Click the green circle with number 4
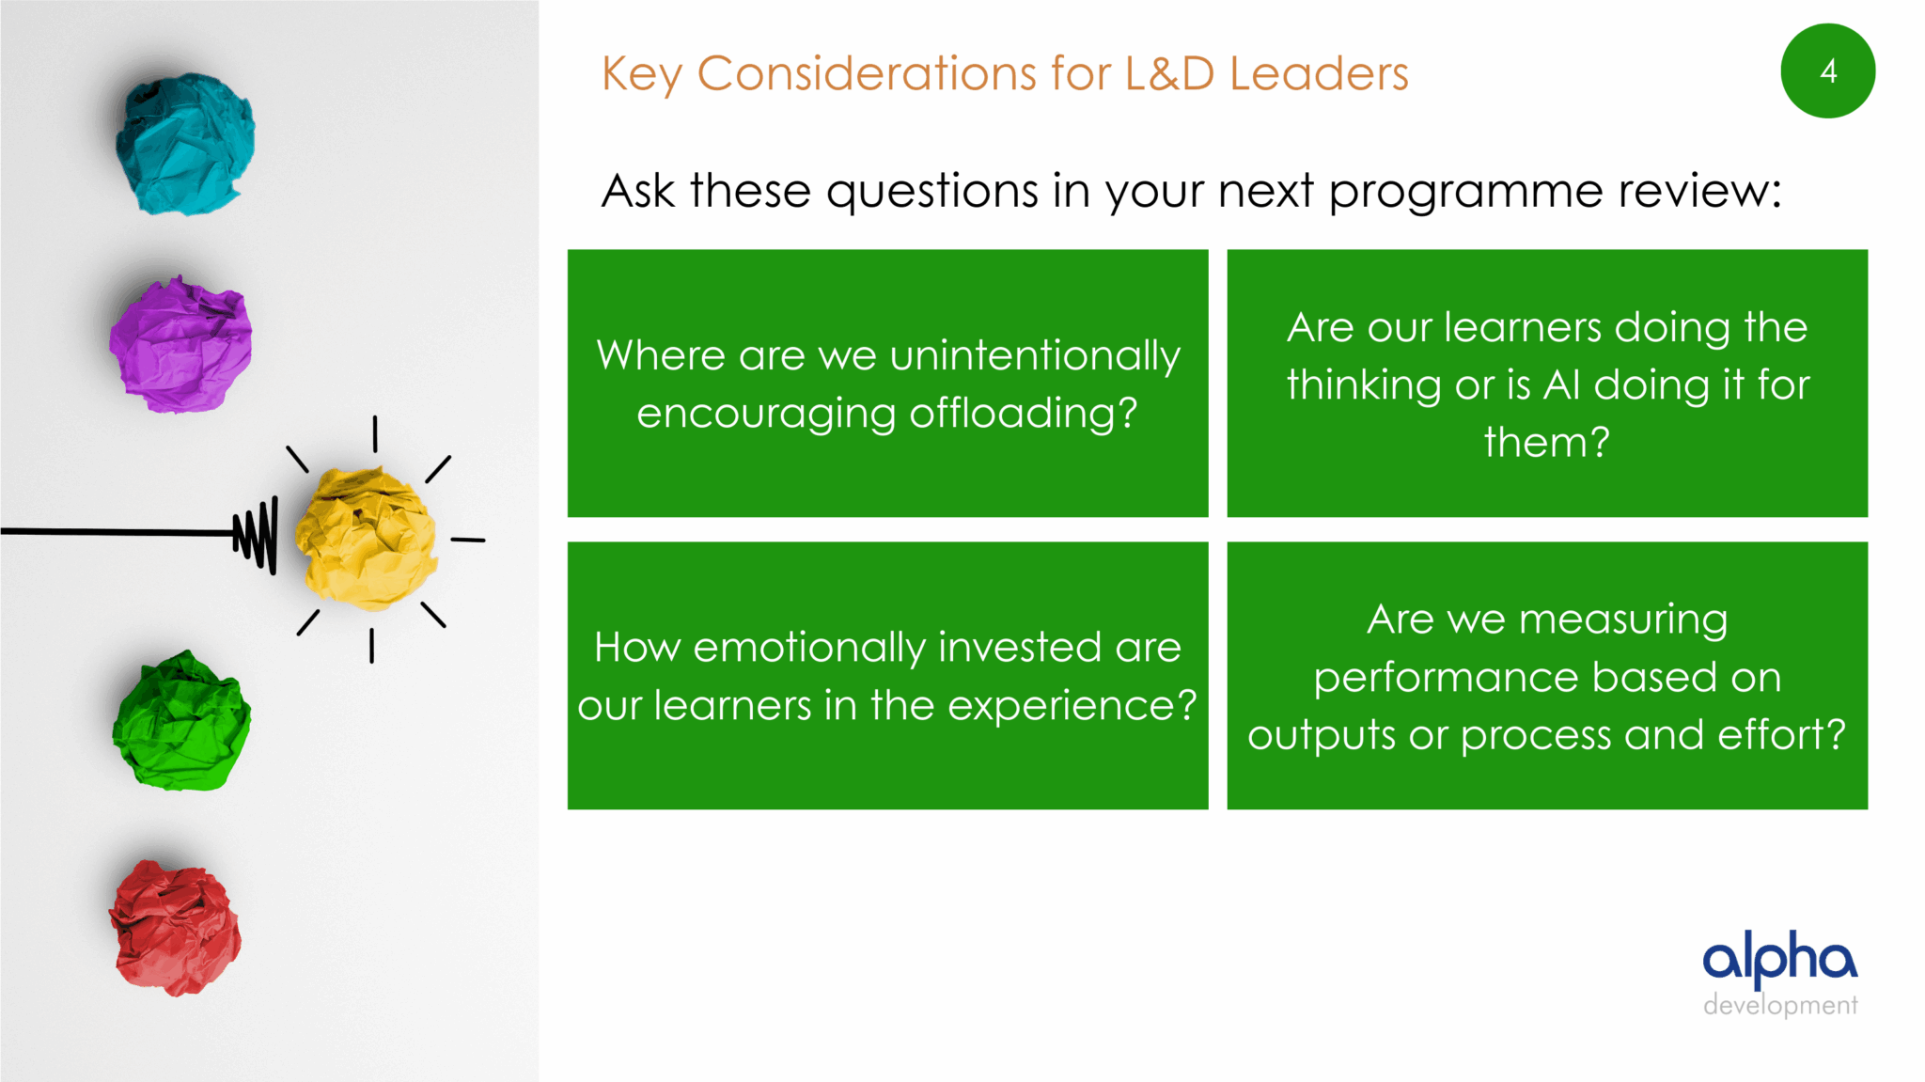1827,71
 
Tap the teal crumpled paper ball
185,144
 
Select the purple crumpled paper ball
180,344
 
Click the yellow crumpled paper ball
366,538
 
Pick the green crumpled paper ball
181,721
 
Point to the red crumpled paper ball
175,928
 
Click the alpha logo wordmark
1780,959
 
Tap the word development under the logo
1780,1005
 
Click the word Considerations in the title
867,73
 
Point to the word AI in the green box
1561,384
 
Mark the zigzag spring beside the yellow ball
256,535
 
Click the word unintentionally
1035,356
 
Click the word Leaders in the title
1320,73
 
